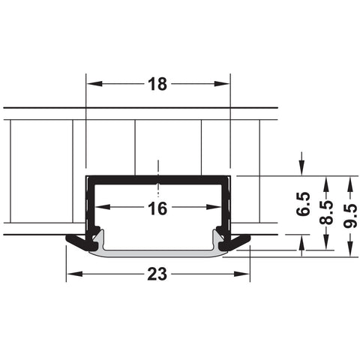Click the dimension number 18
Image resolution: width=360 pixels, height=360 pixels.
pos(157,84)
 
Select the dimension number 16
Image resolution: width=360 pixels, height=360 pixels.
pos(157,208)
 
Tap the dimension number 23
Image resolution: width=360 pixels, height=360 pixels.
pos(157,274)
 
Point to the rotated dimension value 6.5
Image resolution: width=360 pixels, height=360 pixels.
pos(303,204)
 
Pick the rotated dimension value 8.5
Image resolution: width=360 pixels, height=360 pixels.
pos(326,211)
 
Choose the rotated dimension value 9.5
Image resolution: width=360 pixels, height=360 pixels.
pos(350,216)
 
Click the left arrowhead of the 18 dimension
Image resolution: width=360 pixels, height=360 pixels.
pos(94,83)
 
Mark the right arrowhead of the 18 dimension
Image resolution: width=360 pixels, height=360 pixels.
pos(222,83)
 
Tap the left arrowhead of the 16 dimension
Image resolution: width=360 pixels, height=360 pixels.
pos(103,207)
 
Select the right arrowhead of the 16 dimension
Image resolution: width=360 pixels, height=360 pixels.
pos(214,207)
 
